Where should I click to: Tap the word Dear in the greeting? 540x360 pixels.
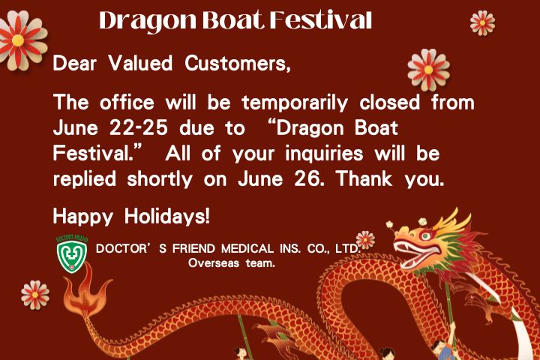(73, 64)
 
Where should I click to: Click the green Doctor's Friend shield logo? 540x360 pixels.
(72, 255)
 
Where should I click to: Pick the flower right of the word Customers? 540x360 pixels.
(428, 69)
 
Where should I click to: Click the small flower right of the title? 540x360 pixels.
(482, 22)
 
